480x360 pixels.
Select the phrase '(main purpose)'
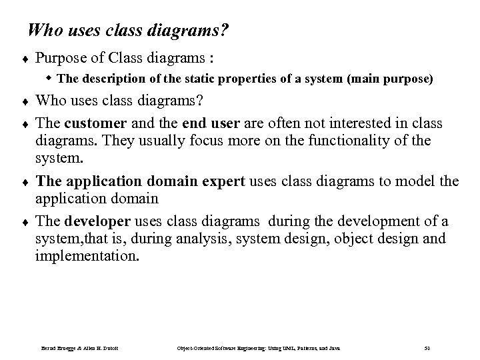point(390,79)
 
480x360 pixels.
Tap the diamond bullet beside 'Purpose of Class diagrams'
point(23,58)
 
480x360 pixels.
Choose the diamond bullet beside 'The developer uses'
point(23,222)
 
